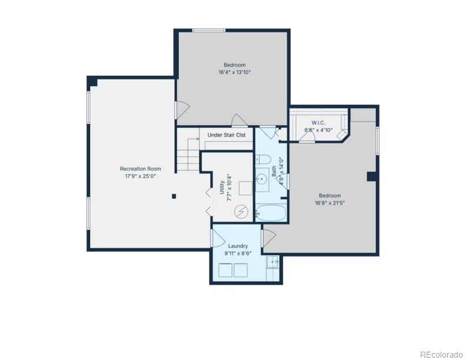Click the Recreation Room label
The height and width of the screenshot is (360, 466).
click(x=141, y=169)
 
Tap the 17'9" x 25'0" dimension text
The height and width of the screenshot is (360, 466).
click(x=141, y=176)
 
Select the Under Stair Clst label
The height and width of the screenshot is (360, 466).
click(x=227, y=135)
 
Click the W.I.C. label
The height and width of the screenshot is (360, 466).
click(x=318, y=123)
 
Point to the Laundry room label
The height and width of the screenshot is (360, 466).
click(x=238, y=246)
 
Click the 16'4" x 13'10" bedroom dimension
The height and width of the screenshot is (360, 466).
click(x=235, y=72)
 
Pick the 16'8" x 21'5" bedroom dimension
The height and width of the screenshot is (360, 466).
click(x=330, y=203)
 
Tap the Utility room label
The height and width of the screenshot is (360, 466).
click(x=222, y=187)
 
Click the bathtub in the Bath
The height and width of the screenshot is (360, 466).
click(x=271, y=213)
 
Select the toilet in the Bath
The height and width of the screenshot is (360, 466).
click(x=264, y=159)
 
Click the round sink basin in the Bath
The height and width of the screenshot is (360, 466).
click(x=262, y=179)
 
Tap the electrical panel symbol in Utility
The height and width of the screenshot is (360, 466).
click(x=241, y=211)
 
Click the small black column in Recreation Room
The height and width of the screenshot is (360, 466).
click(x=174, y=196)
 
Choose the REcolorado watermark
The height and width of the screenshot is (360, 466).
click(x=441, y=355)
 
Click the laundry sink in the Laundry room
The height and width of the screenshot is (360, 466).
click(x=273, y=262)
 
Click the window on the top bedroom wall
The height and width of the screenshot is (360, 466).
click(x=209, y=30)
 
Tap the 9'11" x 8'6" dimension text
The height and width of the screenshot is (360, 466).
click(x=238, y=254)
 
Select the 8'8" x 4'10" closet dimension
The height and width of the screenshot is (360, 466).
click(x=318, y=130)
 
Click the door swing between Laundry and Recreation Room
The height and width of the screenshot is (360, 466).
click(x=218, y=238)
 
